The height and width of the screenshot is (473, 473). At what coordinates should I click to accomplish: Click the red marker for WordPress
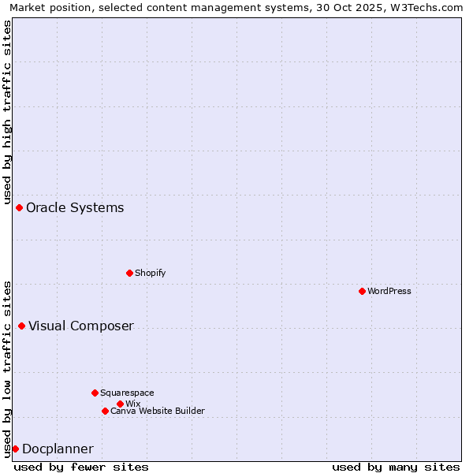[362, 291]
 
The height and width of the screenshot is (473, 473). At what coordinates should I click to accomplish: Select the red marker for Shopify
[129, 273]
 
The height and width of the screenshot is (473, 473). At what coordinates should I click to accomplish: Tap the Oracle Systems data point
[19, 207]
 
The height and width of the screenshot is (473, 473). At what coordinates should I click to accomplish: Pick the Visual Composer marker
[21, 326]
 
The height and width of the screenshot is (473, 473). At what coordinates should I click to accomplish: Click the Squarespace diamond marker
[95, 393]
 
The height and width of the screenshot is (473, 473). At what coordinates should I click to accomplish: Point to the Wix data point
[120, 404]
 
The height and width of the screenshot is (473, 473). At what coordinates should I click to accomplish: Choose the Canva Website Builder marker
[105, 411]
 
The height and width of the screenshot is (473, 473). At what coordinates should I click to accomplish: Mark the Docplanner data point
[15, 449]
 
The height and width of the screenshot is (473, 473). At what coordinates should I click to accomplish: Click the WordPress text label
[389, 291]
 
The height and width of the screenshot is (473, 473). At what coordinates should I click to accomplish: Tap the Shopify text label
[151, 273]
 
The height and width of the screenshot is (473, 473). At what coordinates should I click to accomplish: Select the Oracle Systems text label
[75, 207]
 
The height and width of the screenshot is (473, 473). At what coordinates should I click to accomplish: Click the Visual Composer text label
[81, 326]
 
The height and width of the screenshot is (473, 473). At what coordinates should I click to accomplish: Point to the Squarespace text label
[128, 393]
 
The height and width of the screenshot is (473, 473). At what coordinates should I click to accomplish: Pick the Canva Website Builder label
[158, 411]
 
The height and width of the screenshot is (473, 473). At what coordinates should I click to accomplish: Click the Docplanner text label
[58, 449]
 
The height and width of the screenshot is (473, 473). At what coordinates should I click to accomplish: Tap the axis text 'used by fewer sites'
[81, 467]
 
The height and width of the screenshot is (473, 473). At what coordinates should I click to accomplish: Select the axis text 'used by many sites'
[396, 467]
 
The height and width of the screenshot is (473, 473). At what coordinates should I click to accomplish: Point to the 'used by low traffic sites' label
[7, 368]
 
